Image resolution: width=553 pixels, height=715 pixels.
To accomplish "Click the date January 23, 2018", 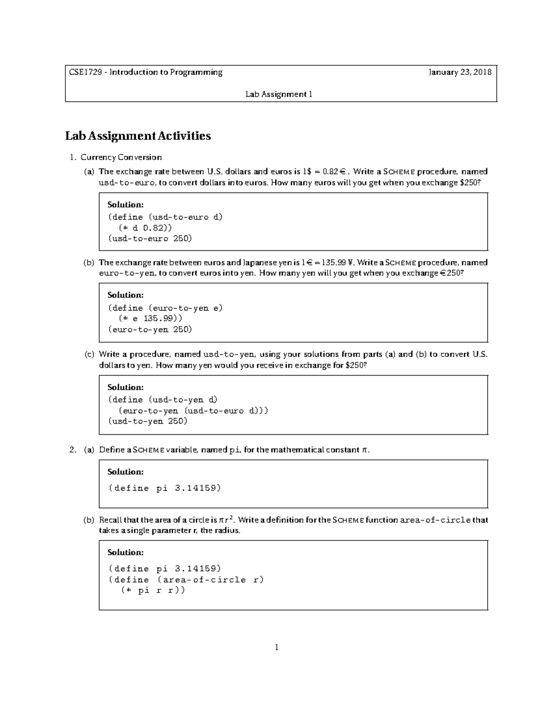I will click(x=460, y=72).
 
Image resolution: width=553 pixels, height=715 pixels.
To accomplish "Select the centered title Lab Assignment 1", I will click(x=279, y=94).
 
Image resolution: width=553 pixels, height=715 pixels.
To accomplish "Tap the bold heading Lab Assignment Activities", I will click(x=138, y=136).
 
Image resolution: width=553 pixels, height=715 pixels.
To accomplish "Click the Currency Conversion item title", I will click(x=121, y=157).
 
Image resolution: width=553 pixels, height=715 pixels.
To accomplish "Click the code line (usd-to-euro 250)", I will click(x=150, y=238).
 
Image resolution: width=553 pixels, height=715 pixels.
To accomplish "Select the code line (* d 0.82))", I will click(x=146, y=228).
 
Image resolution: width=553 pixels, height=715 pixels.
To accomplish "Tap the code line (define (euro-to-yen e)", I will click(x=165, y=308).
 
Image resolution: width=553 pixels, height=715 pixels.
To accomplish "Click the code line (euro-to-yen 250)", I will click(x=150, y=330).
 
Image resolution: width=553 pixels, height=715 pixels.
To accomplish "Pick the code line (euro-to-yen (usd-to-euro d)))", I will click(x=193, y=411).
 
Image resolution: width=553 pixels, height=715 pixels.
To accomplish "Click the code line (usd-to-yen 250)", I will click(x=147, y=421).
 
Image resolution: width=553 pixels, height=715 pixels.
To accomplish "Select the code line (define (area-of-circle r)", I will click(x=186, y=580).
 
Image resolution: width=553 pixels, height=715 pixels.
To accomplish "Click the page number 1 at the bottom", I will click(x=276, y=648).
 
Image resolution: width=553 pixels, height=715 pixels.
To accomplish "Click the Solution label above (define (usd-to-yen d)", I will click(x=125, y=387).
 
